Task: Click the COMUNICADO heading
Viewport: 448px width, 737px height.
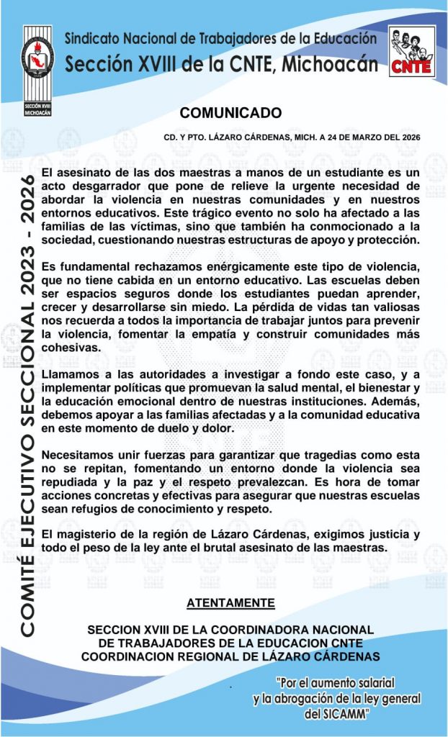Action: (x=230, y=113)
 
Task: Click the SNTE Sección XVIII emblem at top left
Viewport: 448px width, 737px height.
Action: (x=37, y=71)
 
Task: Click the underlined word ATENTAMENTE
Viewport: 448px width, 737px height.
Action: (x=230, y=602)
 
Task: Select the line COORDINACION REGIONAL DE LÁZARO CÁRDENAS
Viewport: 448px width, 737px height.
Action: (x=230, y=656)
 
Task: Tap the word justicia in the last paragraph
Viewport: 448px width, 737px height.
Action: (x=395, y=533)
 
